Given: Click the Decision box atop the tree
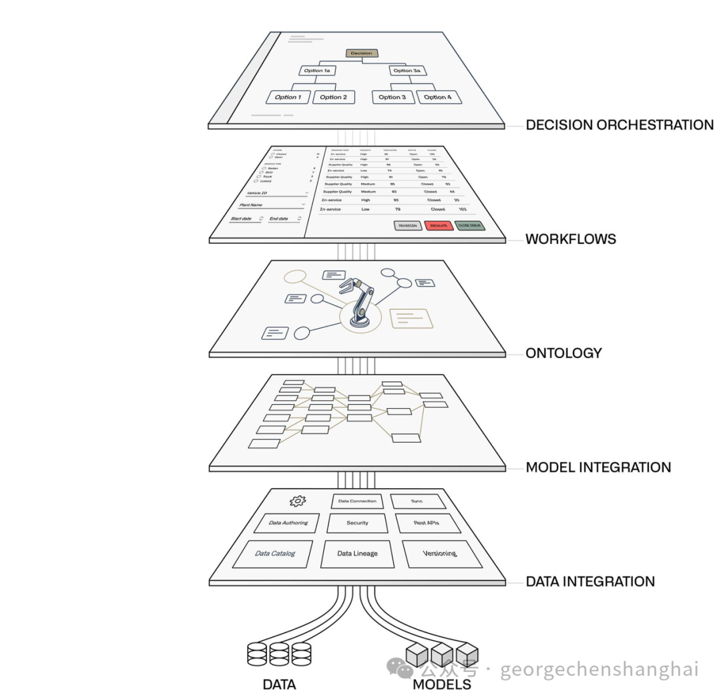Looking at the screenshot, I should tap(362, 53).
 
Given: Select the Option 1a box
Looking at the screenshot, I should tap(318, 71).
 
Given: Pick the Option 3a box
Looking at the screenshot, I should tap(408, 71).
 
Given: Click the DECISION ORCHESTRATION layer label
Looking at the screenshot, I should tap(620, 125).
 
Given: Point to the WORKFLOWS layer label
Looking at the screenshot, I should tap(570, 239).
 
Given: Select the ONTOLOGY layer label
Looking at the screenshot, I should tap(563, 353).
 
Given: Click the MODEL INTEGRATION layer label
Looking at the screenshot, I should tap(598, 468).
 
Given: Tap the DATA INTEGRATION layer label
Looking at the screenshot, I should tap(590, 582).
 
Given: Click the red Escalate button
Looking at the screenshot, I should tap(439, 226).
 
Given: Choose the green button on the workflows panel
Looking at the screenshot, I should tap(471, 226).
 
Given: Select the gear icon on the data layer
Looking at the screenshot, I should tap(297, 501).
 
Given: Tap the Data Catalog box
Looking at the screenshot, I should tap(274, 554).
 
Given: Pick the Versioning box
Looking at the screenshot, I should tap(440, 554).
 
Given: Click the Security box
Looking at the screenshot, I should tap(357, 523).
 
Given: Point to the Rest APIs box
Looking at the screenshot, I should tap(427, 523).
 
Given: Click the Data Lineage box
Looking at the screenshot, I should tap(356, 554).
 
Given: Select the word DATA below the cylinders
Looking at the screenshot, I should tap(279, 685).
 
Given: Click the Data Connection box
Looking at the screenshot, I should tap(357, 501).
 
